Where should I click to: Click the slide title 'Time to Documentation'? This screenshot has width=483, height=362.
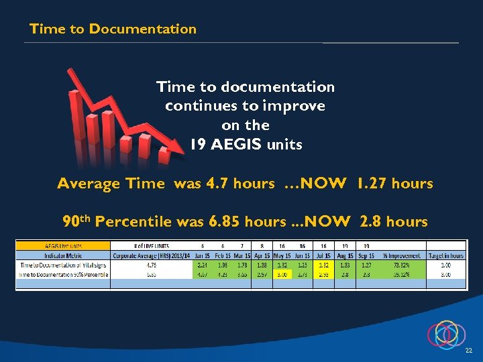tap(113, 29)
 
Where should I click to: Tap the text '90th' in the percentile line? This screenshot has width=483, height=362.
tap(76, 221)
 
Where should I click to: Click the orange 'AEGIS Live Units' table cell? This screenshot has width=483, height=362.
tap(63, 245)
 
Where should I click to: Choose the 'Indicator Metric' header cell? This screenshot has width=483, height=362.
tap(63, 255)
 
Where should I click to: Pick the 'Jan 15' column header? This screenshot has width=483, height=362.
tap(203, 255)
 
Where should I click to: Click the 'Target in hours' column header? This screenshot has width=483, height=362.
tap(445, 255)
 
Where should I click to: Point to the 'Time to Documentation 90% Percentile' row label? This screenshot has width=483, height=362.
tap(63, 274)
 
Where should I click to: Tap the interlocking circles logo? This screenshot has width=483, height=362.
tap(446, 335)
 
